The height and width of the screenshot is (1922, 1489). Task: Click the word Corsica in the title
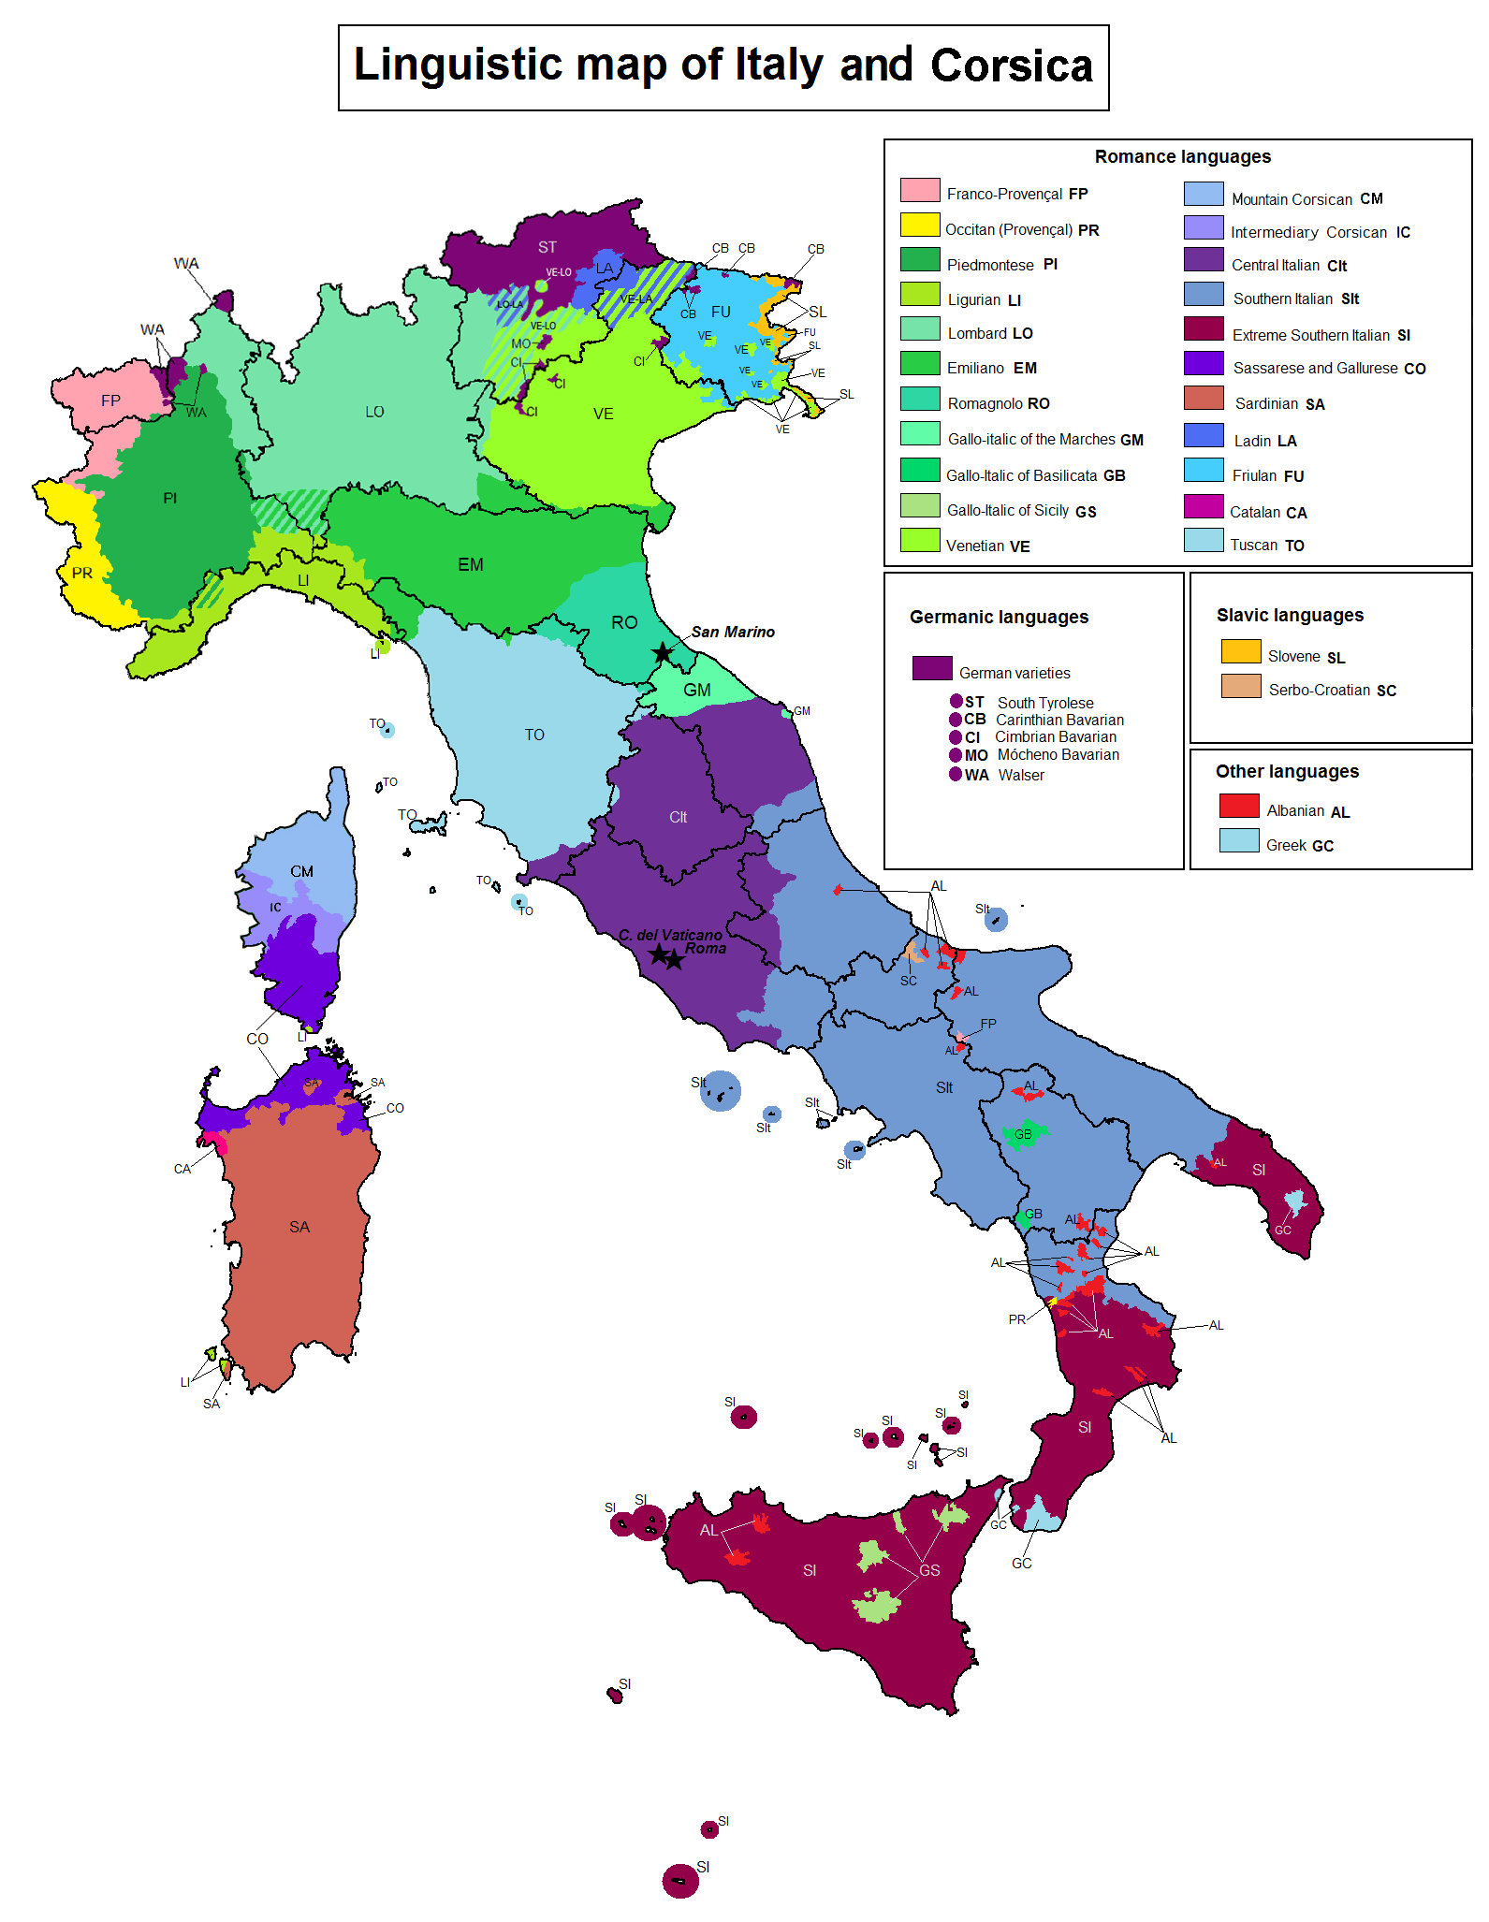click(x=1011, y=66)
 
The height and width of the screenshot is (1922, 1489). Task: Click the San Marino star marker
click(x=663, y=652)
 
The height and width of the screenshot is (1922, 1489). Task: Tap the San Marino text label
click(x=733, y=632)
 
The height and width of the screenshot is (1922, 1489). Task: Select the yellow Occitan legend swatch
click(x=919, y=225)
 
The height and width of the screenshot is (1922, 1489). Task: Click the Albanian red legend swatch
click(x=1239, y=806)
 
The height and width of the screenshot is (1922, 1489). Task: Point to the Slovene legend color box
click(x=1241, y=651)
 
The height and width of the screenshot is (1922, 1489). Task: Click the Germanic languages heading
click(x=999, y=617)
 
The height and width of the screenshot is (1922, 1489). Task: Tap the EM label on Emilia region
click(x=471, y=564)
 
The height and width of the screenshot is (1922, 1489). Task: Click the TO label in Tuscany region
click(x=534, y=735)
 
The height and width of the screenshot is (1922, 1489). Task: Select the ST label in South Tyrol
click(x=547, y=247)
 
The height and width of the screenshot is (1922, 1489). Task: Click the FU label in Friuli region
click(x=721, y=312)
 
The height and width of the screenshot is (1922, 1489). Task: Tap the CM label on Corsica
click(x=301, y=871)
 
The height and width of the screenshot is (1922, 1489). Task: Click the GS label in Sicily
click(x=929, y=1570)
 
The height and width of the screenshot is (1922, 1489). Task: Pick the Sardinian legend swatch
click(x=1204, y=399)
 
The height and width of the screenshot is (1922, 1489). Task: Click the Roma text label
click(x=706, y=949)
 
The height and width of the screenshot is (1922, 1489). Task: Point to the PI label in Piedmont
click(x=169, y=498)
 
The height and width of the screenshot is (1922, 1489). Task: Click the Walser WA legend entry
click(x=998, y=775)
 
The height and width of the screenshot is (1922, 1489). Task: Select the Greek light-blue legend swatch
click(x=1239, y=840)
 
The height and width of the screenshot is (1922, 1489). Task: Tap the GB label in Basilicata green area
click(x=1024, y=1134)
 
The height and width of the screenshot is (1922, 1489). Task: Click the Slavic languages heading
click(x=1290, y=615)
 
